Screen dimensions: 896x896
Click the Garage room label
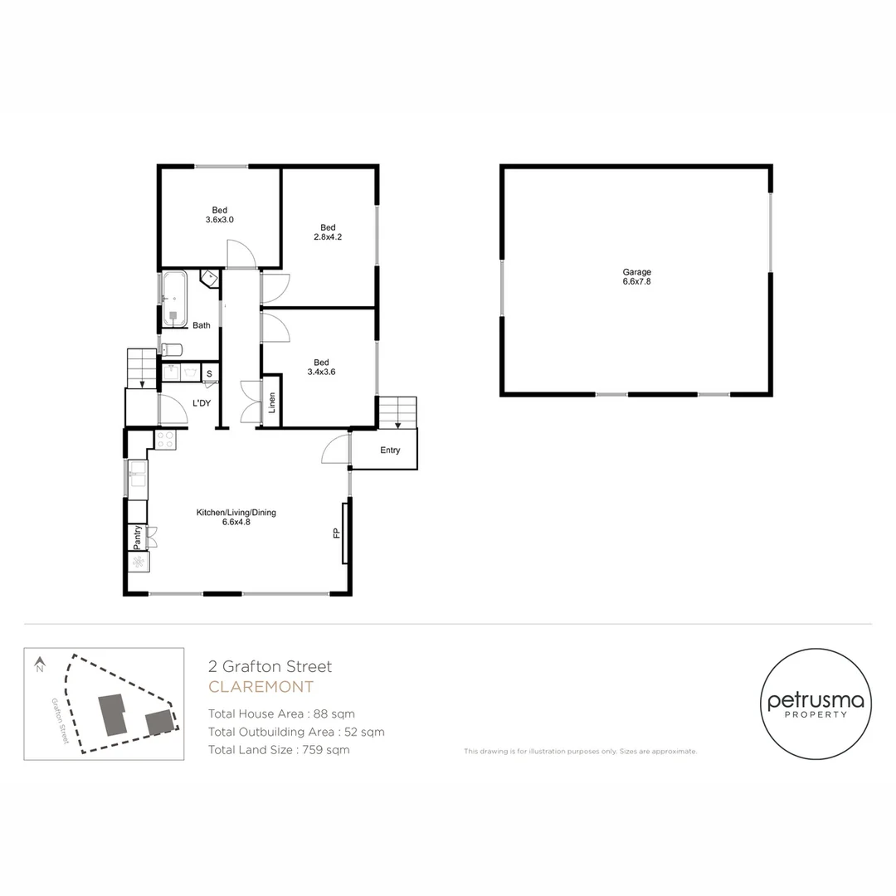636,277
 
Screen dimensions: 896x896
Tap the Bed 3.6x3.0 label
219,215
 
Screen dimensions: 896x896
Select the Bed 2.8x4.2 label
328,232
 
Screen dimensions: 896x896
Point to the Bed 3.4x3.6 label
321,367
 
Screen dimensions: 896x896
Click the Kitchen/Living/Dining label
236,518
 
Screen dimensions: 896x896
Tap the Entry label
390,450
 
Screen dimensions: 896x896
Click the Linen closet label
271,402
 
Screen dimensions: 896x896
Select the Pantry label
136,538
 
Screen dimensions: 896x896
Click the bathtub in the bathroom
174,297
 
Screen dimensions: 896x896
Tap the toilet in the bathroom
172,348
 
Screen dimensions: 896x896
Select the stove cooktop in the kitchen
164,440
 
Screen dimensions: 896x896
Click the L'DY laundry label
202,402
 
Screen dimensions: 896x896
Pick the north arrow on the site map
39,665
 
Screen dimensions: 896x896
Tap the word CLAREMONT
261,687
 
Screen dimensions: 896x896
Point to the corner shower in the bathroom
211,278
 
